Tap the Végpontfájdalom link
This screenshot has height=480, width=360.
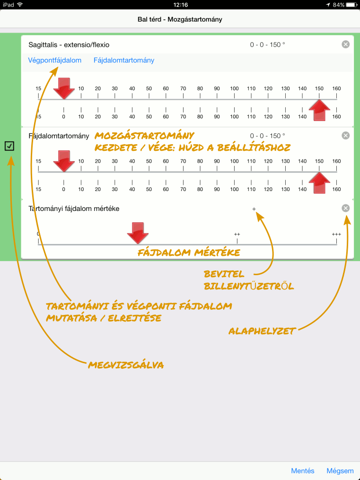tap(55, 61)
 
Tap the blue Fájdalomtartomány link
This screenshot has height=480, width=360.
tap(124, 61)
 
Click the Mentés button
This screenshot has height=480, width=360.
tap(303, 471)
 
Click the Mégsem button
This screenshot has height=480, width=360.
tap(340, 471)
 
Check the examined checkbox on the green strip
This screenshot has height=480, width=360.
tap(9, 146)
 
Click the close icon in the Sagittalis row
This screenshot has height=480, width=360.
tap(346, 44)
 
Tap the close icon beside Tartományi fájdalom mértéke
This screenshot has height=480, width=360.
tap(346, 208)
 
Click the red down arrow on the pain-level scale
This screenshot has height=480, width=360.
tap(138, 233)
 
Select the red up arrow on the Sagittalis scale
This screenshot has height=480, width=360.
tap(319, 110)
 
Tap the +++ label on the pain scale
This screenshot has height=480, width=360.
tap(336, 234)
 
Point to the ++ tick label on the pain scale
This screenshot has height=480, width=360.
tap(237, 234)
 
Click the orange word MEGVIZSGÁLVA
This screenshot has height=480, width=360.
tap(126, 365)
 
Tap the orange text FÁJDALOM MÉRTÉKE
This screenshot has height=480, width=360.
tap(189, 253)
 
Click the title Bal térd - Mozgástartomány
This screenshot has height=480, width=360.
tap(180, 19)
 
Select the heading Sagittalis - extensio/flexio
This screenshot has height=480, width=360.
tap(69, 45)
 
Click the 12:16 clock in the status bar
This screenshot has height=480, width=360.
tap(181, 5)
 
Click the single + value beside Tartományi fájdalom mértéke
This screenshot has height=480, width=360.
tap(254, 209)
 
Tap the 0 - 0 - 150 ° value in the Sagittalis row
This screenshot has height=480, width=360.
tap(268, 45)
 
